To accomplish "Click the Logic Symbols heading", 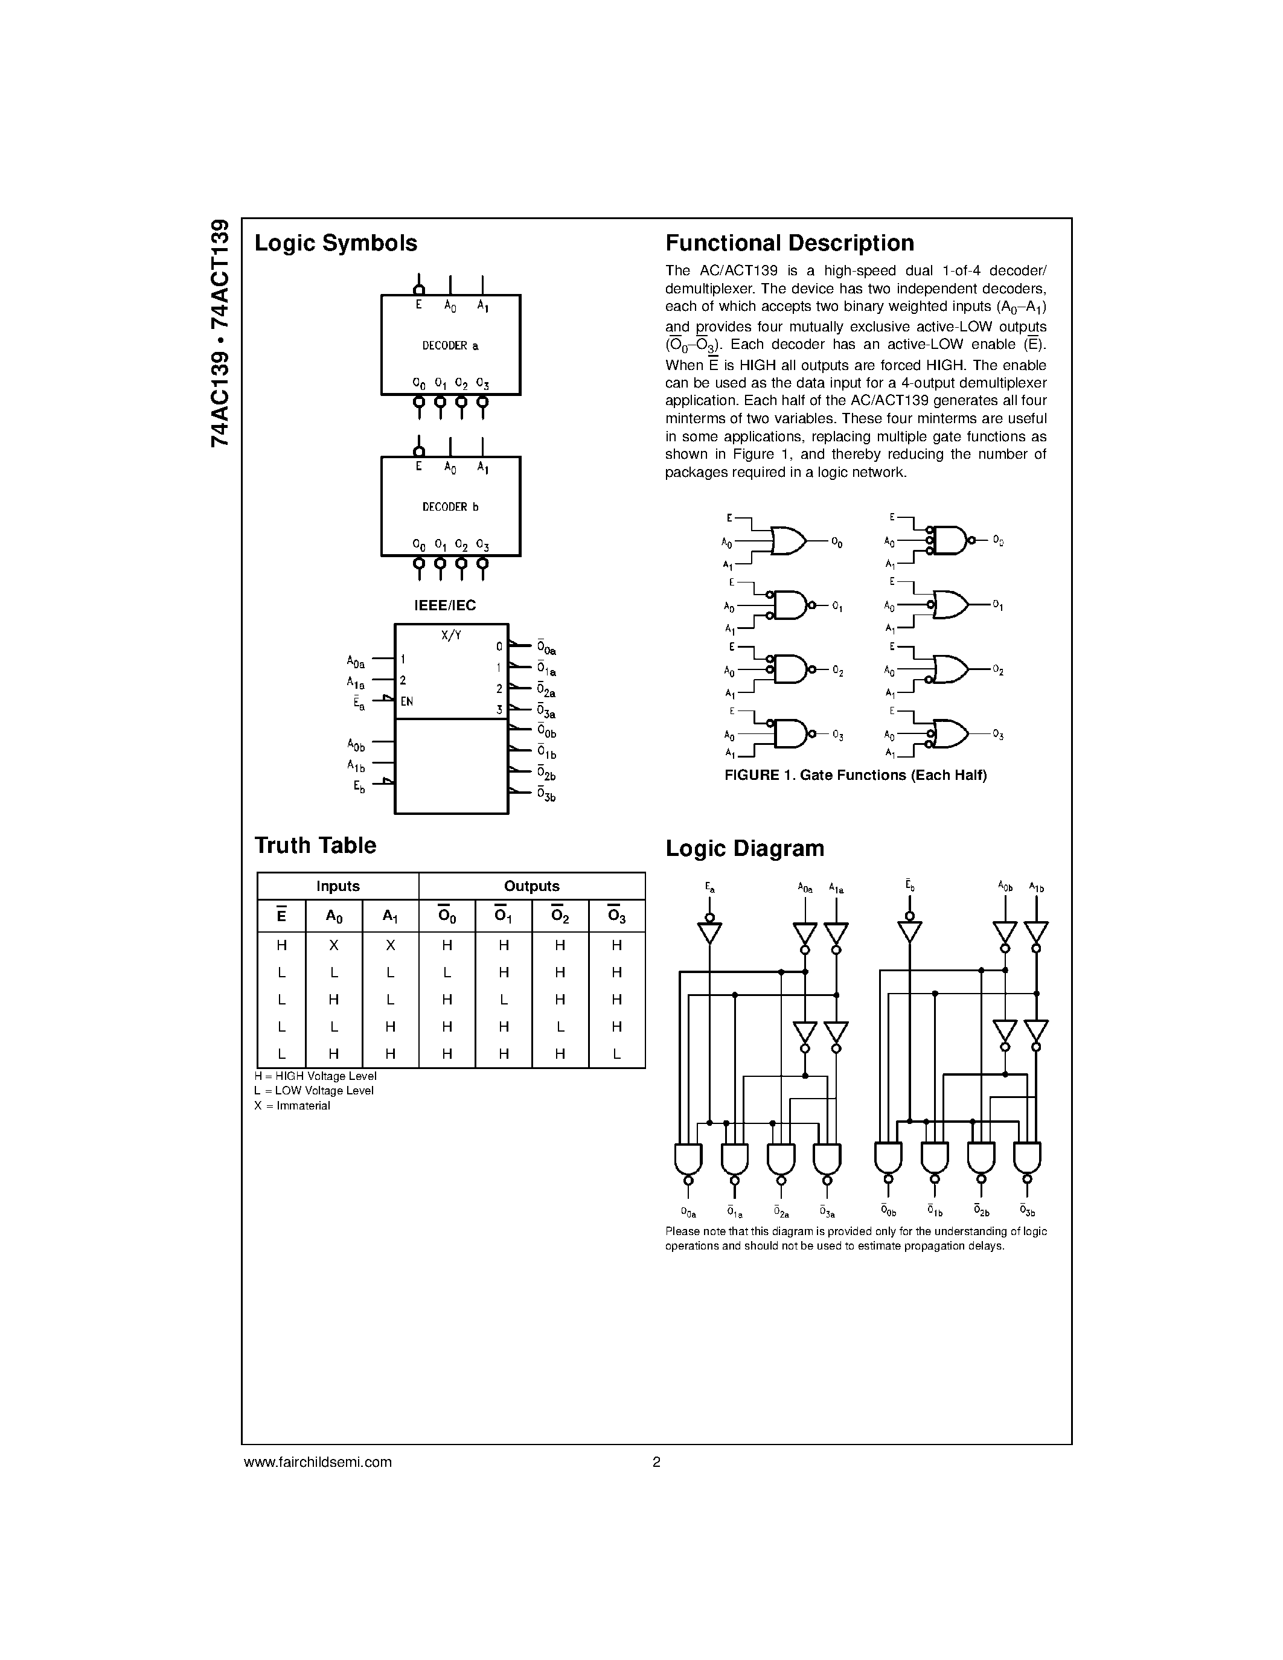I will pyautogui.click(x=335, y=243).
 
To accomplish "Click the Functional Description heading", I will pyautogui.click(x=790, y=243).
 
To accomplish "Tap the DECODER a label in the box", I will pyautogui.click(x=450, y=346).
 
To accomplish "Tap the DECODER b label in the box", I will pyautogui.click(x=450, y=507).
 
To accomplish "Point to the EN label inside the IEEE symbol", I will pyautogui.click(x=407, y=701).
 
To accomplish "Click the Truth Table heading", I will pyautogui.click(x=315, y=845).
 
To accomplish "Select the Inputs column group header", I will pyautogui.click(x=338, y=886).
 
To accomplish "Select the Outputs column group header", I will pyautogui.click(x=531, y=886).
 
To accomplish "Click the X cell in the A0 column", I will pyautogui.click(x=334, y=945).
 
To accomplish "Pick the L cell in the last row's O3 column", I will pyautogui.click(x=616, y=1054).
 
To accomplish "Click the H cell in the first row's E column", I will pyautogui.click(x=281, y=945).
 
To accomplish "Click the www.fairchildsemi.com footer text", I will pyautogui.click(x=318, y=1461).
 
